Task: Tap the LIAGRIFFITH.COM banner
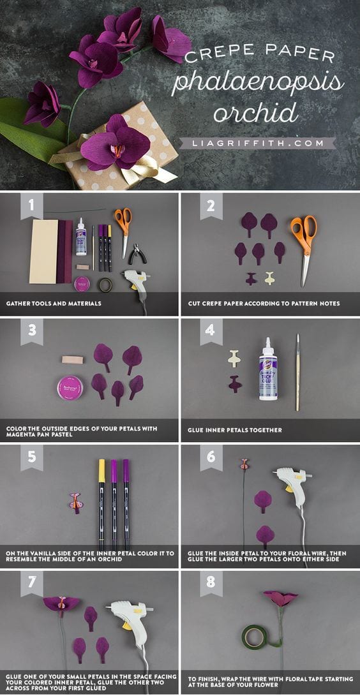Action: click(257, 144)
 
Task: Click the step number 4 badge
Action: click(211, 330)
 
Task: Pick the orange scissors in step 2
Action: click(304, 237)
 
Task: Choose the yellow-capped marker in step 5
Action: click(101, 504)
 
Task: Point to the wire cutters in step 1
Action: click(137, 255)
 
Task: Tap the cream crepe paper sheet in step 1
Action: click(43, 251)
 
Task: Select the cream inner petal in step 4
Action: click(234, 359)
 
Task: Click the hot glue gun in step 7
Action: click(129, 619)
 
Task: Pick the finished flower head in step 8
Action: click(281, 598)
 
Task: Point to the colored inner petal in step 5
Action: click(75, 503)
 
